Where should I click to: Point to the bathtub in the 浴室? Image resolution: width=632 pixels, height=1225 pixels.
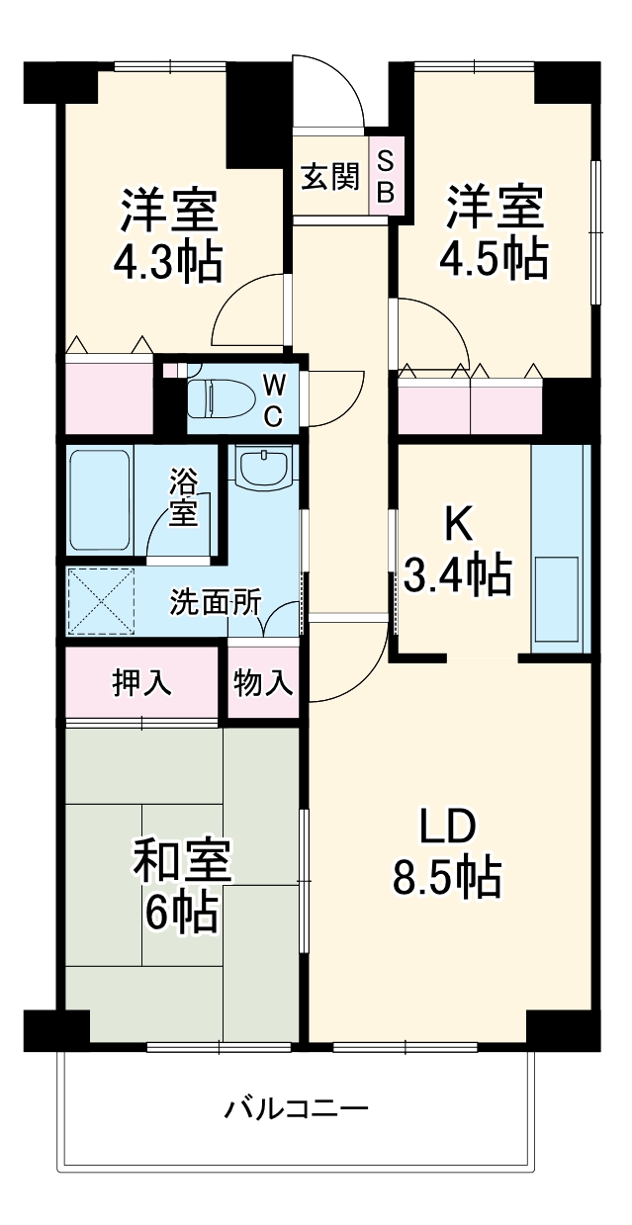99,500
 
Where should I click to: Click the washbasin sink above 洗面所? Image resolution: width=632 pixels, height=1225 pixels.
264,466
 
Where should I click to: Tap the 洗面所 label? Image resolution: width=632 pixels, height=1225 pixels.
214,602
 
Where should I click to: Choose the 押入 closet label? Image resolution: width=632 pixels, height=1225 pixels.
140,682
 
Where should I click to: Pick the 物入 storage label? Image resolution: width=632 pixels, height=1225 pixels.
263,682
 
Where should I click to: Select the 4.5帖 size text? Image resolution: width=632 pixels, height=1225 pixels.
494,259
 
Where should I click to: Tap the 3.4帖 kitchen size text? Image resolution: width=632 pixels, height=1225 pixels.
458,574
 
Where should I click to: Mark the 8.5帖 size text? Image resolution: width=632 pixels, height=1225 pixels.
448,877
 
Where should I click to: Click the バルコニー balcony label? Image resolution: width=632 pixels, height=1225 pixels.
296,1107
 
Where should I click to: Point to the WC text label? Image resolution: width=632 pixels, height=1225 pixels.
274,399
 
